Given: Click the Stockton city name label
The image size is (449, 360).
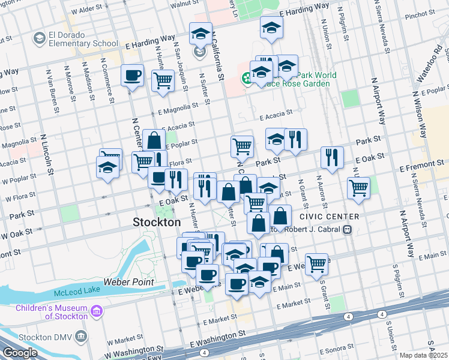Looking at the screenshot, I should pyautogui.click(x=156, y=222).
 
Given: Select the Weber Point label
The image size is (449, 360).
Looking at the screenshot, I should pyautogui.click(x=128, y=281).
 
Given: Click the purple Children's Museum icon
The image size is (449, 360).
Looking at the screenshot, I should pyautogui.click(x=97, y=312).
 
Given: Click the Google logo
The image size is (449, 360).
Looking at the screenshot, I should pyautogui.click(x=20, y=353).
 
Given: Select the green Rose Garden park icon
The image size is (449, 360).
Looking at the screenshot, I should pyautogui.click(x=246, y=78).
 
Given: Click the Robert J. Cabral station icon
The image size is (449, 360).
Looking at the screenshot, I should pyautogui.click(x=347, y=229).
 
